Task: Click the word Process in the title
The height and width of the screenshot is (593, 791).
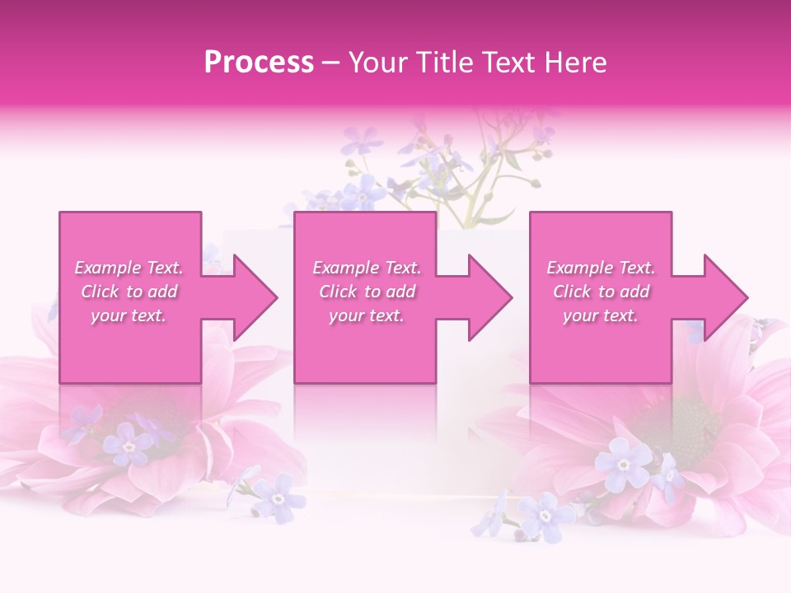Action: click(259, 63)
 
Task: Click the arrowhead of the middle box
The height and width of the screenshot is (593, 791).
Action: click(489, 297)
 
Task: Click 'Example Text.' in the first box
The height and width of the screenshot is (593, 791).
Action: click(129, 268)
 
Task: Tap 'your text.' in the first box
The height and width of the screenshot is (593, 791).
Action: click(129, 315)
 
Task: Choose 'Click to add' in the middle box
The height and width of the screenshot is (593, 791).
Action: click(367, 292)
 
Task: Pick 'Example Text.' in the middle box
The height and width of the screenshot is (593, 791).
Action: click(367, 268)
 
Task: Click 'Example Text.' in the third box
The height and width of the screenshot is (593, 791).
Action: click(601, 268)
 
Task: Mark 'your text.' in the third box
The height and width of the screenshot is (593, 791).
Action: click(601, 315)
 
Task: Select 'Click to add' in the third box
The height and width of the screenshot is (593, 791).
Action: click(601, 292)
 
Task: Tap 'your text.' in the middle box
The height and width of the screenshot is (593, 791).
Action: click(367, 315)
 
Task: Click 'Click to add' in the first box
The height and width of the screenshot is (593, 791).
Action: click(129, 292)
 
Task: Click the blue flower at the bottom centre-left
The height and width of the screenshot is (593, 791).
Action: click(278, 497)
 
